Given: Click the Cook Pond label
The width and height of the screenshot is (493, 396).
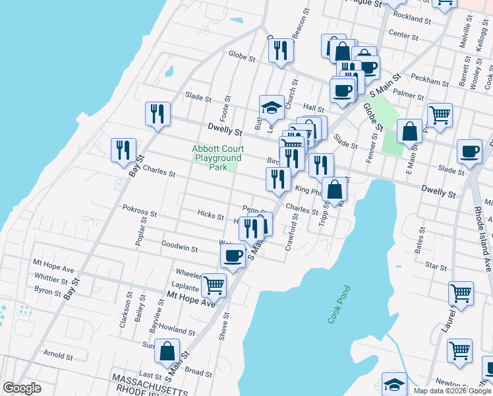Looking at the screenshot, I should click(x=340, y=304).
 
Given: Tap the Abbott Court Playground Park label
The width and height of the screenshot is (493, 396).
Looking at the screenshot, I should click(x=217, y=158).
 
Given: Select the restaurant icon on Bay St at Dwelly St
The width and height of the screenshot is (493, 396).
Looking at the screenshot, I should click(x=158, y=114).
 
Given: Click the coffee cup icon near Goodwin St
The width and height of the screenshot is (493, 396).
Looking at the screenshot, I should click(x=232, y=255).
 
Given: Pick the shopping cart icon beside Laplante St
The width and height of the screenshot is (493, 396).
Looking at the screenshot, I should click(x=214, y=286).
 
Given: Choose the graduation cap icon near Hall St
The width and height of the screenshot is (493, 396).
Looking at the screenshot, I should click(x=271, y=107).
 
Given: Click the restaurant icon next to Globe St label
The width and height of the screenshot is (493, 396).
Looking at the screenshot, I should click(x=281, y=50).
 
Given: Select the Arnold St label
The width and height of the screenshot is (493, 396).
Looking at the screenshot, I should click(x=58, y=356).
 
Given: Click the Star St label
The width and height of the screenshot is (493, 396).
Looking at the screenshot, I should click(x=436, y=265).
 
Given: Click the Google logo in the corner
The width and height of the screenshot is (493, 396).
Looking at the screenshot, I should click(x=22, y=388).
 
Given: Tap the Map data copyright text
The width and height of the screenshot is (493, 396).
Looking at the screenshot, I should click(x=452, y=391).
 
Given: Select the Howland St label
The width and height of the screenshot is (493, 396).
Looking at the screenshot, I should click(x=176, y=329).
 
